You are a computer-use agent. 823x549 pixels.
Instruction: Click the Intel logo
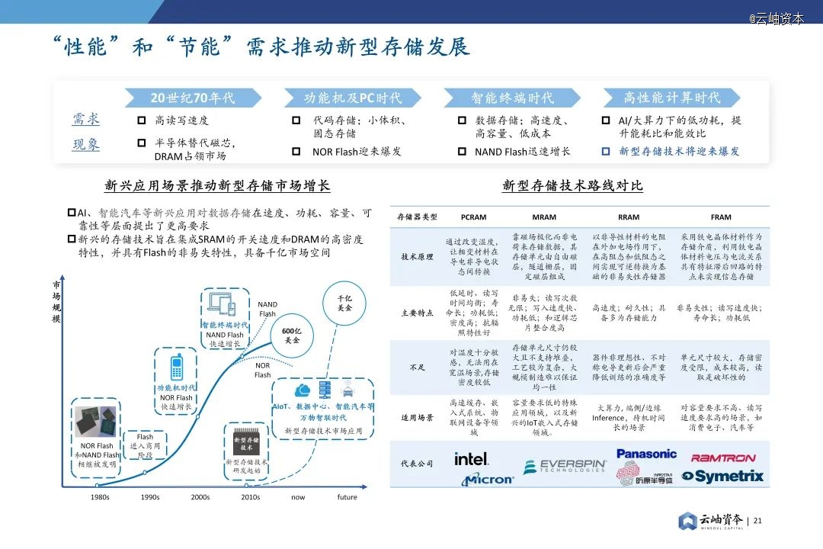(x=472, y=459)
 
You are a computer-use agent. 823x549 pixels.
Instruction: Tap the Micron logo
(x=488, y=480)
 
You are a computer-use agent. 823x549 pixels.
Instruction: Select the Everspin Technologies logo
(x=565, y=466)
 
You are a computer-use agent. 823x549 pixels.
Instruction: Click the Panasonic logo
(x=646, y=454)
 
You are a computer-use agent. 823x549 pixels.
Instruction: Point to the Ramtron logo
(x=723, y=457)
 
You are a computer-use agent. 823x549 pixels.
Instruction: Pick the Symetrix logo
(x=722, y=477)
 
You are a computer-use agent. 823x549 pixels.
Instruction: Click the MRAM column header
(x=543, y=217)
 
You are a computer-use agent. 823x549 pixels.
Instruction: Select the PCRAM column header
(x=473, y=217)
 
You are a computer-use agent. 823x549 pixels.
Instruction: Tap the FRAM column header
(x=720, y=217)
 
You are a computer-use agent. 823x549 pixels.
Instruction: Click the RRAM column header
(x=629, y=217)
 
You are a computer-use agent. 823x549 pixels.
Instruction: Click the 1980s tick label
(x=99, y=497)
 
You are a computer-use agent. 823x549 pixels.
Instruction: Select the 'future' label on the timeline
(x=347, y=497)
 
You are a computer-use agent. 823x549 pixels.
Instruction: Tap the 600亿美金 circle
(x=291, y=335)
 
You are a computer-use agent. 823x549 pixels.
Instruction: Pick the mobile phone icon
(x=176, y=365)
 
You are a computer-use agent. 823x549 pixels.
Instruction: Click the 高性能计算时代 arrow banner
(x=671, y=98)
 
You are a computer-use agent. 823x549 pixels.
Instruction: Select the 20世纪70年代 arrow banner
(x=193, y=98)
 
